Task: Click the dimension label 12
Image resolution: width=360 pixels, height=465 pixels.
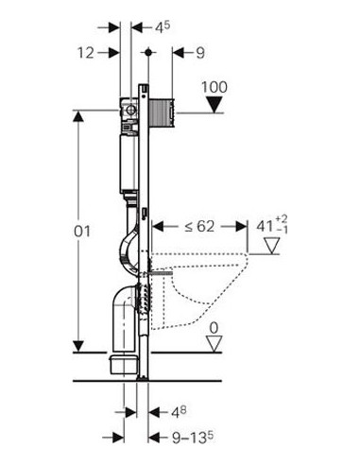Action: click(x=85, y=52)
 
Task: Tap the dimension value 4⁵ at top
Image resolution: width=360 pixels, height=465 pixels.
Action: click(x=162, y=27)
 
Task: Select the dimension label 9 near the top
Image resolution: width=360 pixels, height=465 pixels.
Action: click(x=200, y=53)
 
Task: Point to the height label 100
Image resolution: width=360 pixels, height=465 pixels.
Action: click(x=214, y=87)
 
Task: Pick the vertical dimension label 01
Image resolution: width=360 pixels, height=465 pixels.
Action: click(x=82, y=232)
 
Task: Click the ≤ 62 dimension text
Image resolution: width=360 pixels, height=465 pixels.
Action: click(x=199, y=226)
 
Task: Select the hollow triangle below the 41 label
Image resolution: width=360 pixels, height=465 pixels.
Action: click(x=271, y=246)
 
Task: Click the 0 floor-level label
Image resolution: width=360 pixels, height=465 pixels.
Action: click(x=214, y=328)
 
